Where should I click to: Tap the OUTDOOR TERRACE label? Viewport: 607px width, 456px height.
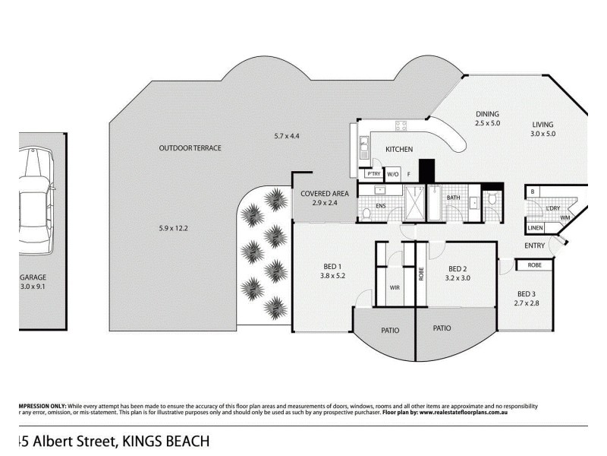coord(190,147)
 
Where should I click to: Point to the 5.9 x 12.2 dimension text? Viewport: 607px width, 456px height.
coord(173,228)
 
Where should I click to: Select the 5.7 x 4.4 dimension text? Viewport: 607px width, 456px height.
coord(287,136)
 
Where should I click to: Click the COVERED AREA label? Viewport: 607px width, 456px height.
coord(324,193)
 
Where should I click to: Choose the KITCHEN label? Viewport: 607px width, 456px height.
coord(399,149)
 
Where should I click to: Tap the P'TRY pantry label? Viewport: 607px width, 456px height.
coord(373,174)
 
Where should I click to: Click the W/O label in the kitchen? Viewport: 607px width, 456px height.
coord(393,174)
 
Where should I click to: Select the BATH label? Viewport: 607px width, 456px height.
coord(453,198)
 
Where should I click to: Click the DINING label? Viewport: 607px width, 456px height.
coord(487,114)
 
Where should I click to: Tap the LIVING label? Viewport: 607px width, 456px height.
coord(543,125)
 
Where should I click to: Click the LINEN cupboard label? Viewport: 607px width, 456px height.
coord(536,227)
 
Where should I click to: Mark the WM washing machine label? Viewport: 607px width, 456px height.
coord(565,217)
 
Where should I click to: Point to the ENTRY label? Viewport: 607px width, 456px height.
coord(534,245)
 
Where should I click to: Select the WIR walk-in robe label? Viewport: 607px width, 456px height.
coord(394,288)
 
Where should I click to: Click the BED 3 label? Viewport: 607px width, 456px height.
coord(527,294)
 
